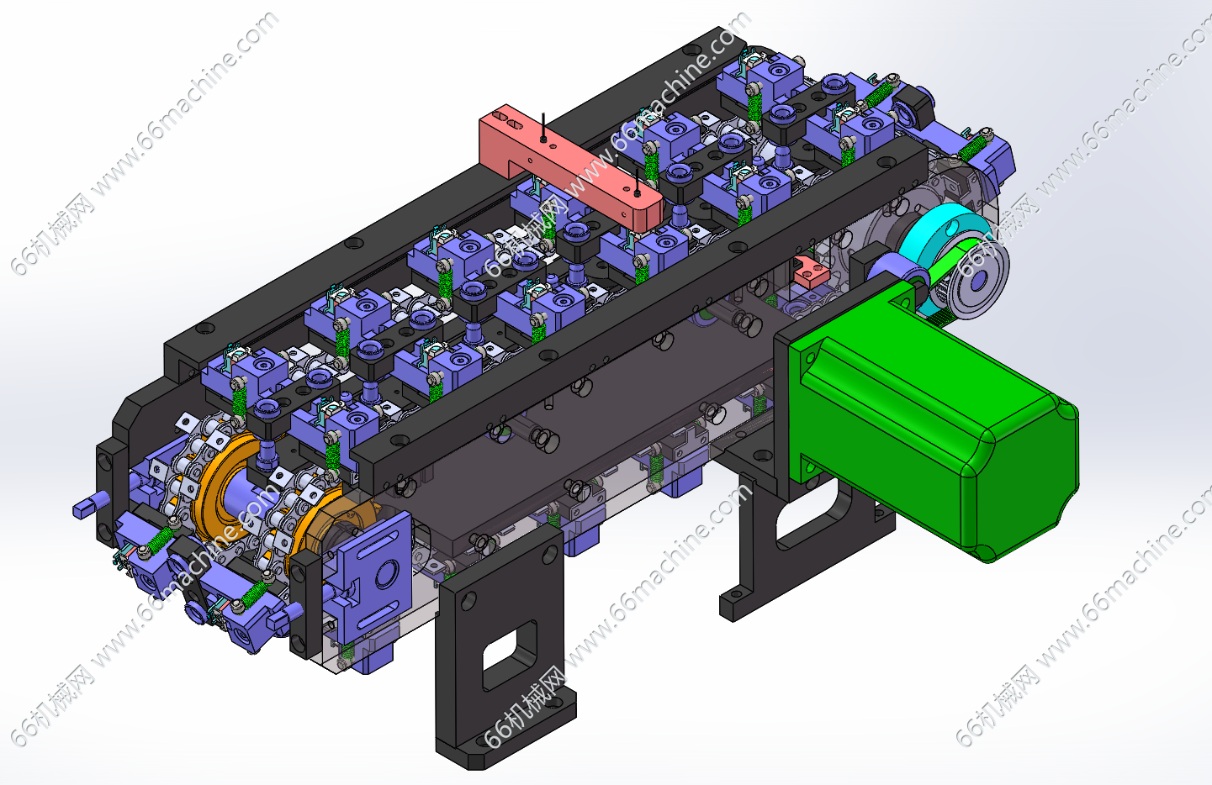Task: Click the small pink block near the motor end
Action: pyautogui.click(x=811, y=272)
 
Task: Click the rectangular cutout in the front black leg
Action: pyautogui.click(x=509, y=654)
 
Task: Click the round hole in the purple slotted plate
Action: pyautogui.click(x=388, y=573)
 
